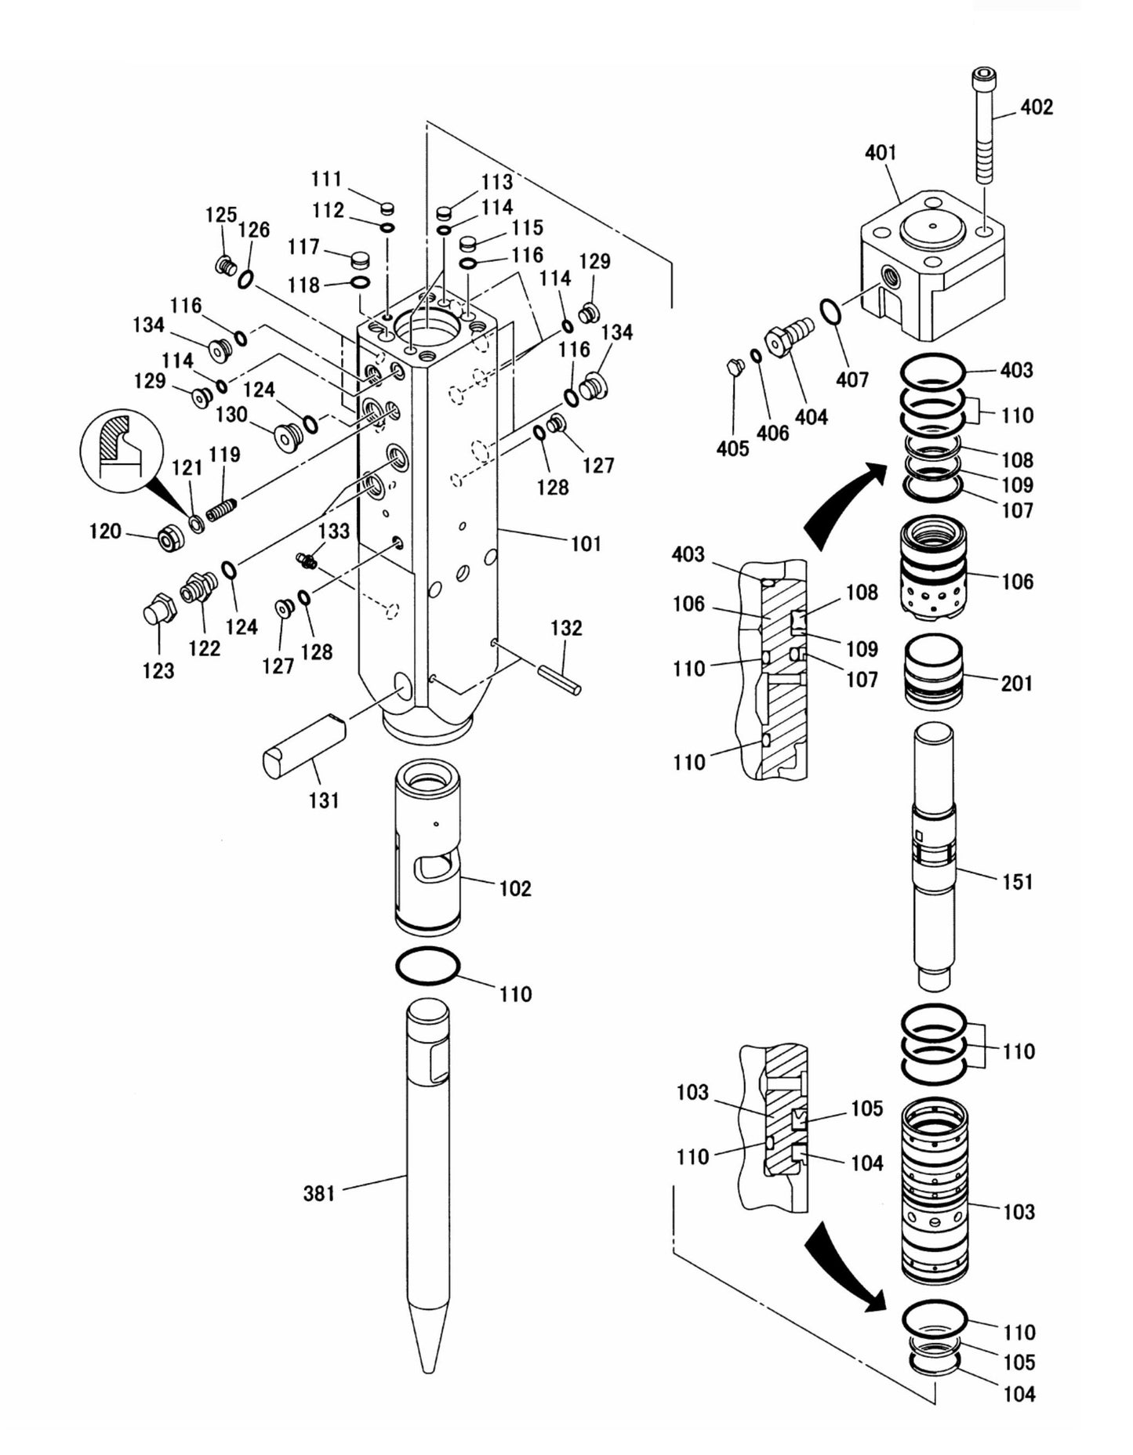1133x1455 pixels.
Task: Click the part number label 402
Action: click(1036, 107)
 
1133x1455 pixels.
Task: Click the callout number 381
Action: click(319, 1194)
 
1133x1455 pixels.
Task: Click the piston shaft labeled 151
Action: click(934, 854)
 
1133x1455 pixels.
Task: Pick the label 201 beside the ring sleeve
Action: click(1017, 684)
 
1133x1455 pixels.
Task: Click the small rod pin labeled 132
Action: click(559, 679)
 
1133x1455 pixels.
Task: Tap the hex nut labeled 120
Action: click(169, 539)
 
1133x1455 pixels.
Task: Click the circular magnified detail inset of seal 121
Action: click(118, 446)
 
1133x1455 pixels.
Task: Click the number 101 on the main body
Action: click(585, 543)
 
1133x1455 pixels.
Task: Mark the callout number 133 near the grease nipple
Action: click(334, 531)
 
